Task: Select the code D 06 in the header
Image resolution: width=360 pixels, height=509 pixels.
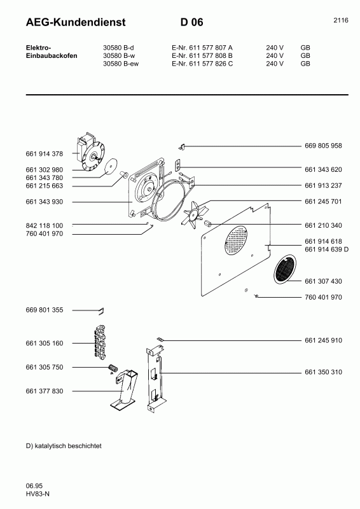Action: (x=191, y=22)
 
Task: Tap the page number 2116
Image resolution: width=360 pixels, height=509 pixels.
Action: (x=340, y=20)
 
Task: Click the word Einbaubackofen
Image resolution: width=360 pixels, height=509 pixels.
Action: (x=52, y=55)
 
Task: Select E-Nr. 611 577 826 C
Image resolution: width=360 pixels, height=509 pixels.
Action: (x=202, y=64)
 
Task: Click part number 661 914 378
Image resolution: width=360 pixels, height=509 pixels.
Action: (x=44, y=154)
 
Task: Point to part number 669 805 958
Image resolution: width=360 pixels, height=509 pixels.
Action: (x=323, y=146)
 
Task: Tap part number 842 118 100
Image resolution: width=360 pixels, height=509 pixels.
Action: (x=44, y=226)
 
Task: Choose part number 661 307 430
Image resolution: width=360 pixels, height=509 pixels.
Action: (x=323, y=281)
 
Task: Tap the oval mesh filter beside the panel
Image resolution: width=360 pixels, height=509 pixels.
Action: (x=284, y=269)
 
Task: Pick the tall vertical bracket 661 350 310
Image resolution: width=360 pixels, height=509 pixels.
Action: (x=155, y=375)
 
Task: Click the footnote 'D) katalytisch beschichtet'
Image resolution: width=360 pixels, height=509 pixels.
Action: (x=64, y=446)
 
